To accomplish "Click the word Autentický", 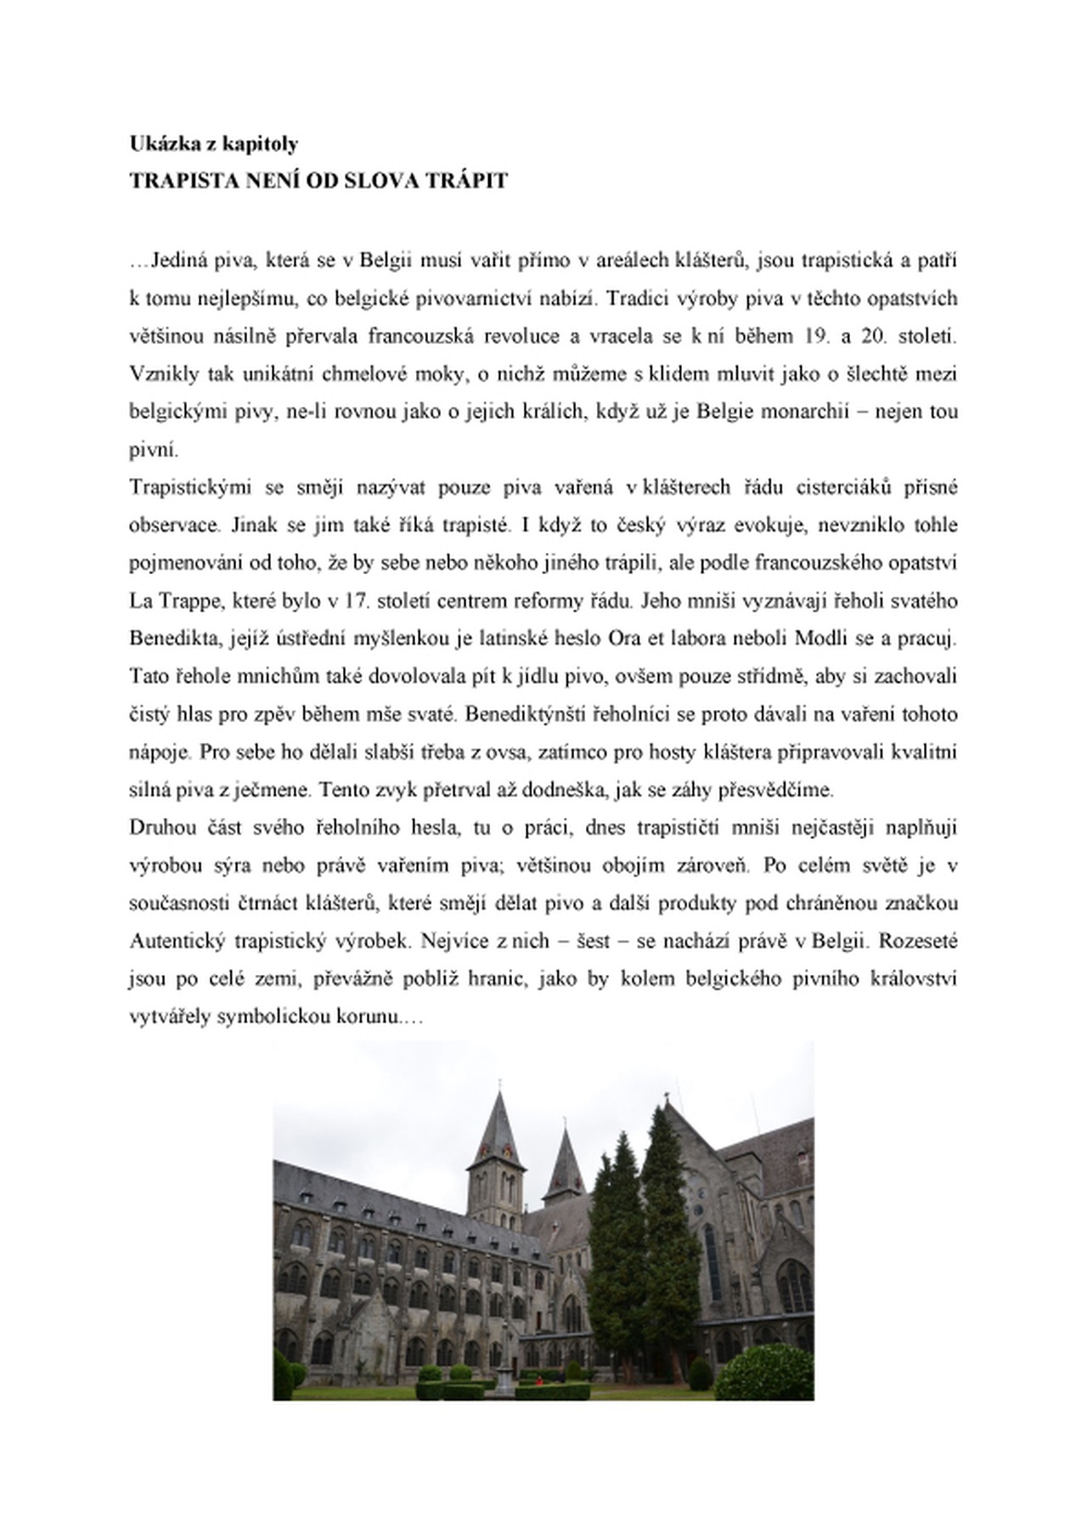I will (x=176, y=942).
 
